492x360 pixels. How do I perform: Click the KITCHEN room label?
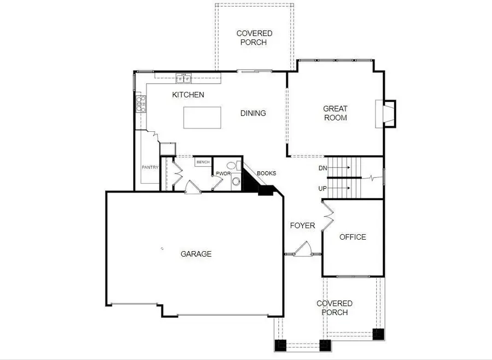188,95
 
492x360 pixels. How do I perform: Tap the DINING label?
253,113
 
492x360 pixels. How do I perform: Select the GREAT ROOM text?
335,113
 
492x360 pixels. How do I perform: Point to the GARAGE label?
196,254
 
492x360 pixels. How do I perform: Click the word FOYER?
302,225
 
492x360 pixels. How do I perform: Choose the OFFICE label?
353,237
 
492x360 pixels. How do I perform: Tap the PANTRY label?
150,167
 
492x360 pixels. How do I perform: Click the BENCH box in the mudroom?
203,162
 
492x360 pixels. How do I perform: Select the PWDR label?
222,173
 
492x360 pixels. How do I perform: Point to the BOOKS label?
266,173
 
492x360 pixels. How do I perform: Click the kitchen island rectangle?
202,118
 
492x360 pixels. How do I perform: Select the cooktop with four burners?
140,103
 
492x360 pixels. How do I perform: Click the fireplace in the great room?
386,114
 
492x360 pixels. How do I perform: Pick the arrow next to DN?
338,169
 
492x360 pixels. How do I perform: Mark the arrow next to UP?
338,188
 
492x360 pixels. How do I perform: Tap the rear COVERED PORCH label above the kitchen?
254,38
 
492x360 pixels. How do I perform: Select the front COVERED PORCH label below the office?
335,308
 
